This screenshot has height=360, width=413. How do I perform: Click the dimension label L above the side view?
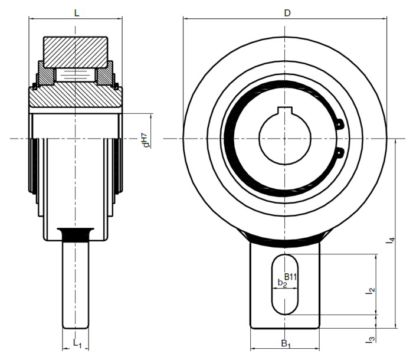77,13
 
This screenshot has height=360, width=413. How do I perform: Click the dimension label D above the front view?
287,13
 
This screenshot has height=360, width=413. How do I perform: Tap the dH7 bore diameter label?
146,140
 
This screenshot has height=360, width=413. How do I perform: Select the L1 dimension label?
77,343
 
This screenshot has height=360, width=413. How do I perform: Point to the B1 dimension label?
286,343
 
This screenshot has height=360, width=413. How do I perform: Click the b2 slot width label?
283,283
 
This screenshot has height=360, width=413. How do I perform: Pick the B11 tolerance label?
291,277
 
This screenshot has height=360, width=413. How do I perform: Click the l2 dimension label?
371,290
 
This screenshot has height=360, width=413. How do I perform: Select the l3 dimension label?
371,339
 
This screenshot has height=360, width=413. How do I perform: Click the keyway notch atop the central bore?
285,111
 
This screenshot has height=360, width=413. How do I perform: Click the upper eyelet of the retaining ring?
340,123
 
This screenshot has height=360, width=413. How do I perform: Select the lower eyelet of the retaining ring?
340,152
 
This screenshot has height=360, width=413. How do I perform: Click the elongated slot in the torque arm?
285,284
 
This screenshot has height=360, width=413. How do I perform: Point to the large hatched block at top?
76,52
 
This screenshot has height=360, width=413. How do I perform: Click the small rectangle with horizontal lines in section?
76,75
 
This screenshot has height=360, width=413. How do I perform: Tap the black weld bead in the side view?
76,234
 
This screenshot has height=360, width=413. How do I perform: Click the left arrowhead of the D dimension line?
186,19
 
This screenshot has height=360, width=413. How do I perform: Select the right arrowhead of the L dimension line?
120,18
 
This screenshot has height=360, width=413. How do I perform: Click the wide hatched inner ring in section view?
76,97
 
